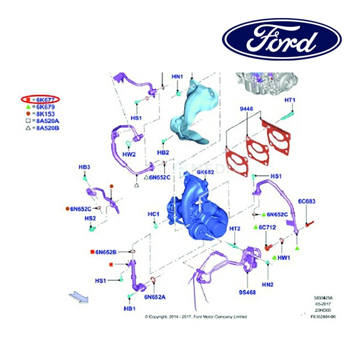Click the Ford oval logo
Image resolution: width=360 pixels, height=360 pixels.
point(282,40)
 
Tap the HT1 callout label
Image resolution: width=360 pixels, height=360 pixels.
point(290,100)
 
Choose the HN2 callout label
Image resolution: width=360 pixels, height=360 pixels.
point(267,284)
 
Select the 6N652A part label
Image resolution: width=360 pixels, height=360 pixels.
point(155,296)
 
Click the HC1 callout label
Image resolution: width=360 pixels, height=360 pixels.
point(154,214)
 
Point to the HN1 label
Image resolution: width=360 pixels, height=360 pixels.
point(178,77)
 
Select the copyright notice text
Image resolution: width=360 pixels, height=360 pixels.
point(196,317)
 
